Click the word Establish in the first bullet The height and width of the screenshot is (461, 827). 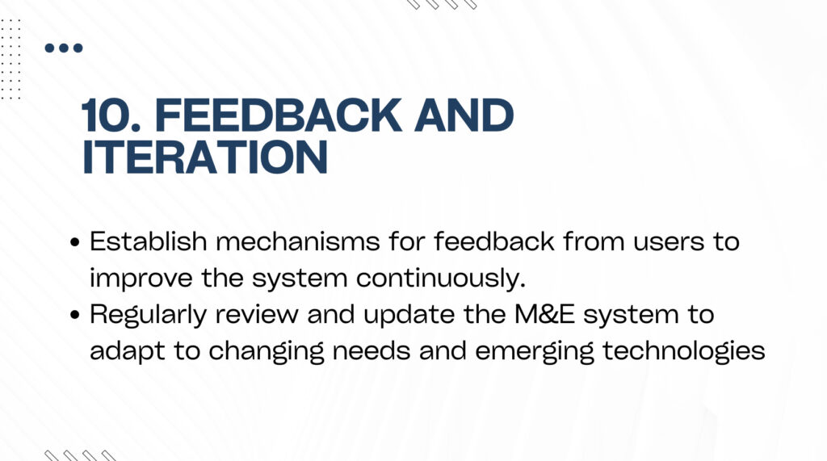click(x=149, y=241)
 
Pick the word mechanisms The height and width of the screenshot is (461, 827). click(x=298, y=241)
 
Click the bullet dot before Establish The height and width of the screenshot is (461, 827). click(x=75, y=242)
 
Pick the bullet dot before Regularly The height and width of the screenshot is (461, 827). click(x=75, y=315)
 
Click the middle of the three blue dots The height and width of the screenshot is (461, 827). click(x=64, y=48)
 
